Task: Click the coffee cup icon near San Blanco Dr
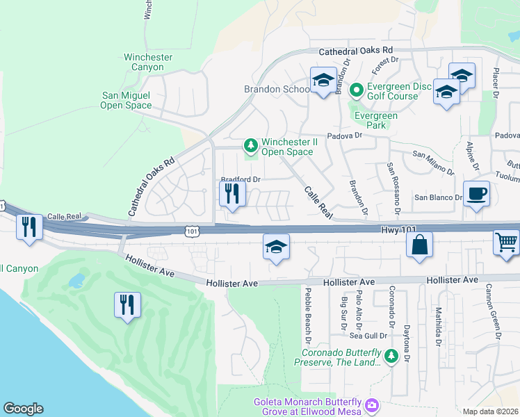(x=476, y=194)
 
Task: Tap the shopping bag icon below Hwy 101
(x=420, y=245)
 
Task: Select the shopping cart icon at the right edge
(x=506, y=243)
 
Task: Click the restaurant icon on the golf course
(x=127, y=305)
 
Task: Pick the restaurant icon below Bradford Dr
(x=232, y=194)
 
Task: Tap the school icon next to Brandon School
(x=323, y=81)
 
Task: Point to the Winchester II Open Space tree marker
(x=250, y=146)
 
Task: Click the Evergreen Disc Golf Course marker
(x=356, y=90)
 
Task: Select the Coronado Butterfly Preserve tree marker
(x=391, y=356)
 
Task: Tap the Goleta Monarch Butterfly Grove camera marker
(x=372, y=404)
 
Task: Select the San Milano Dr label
(x=433, y=162)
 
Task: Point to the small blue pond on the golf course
(x=76, y=281)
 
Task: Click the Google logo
(x=23, y=409)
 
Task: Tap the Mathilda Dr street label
(x=439, y=327)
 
